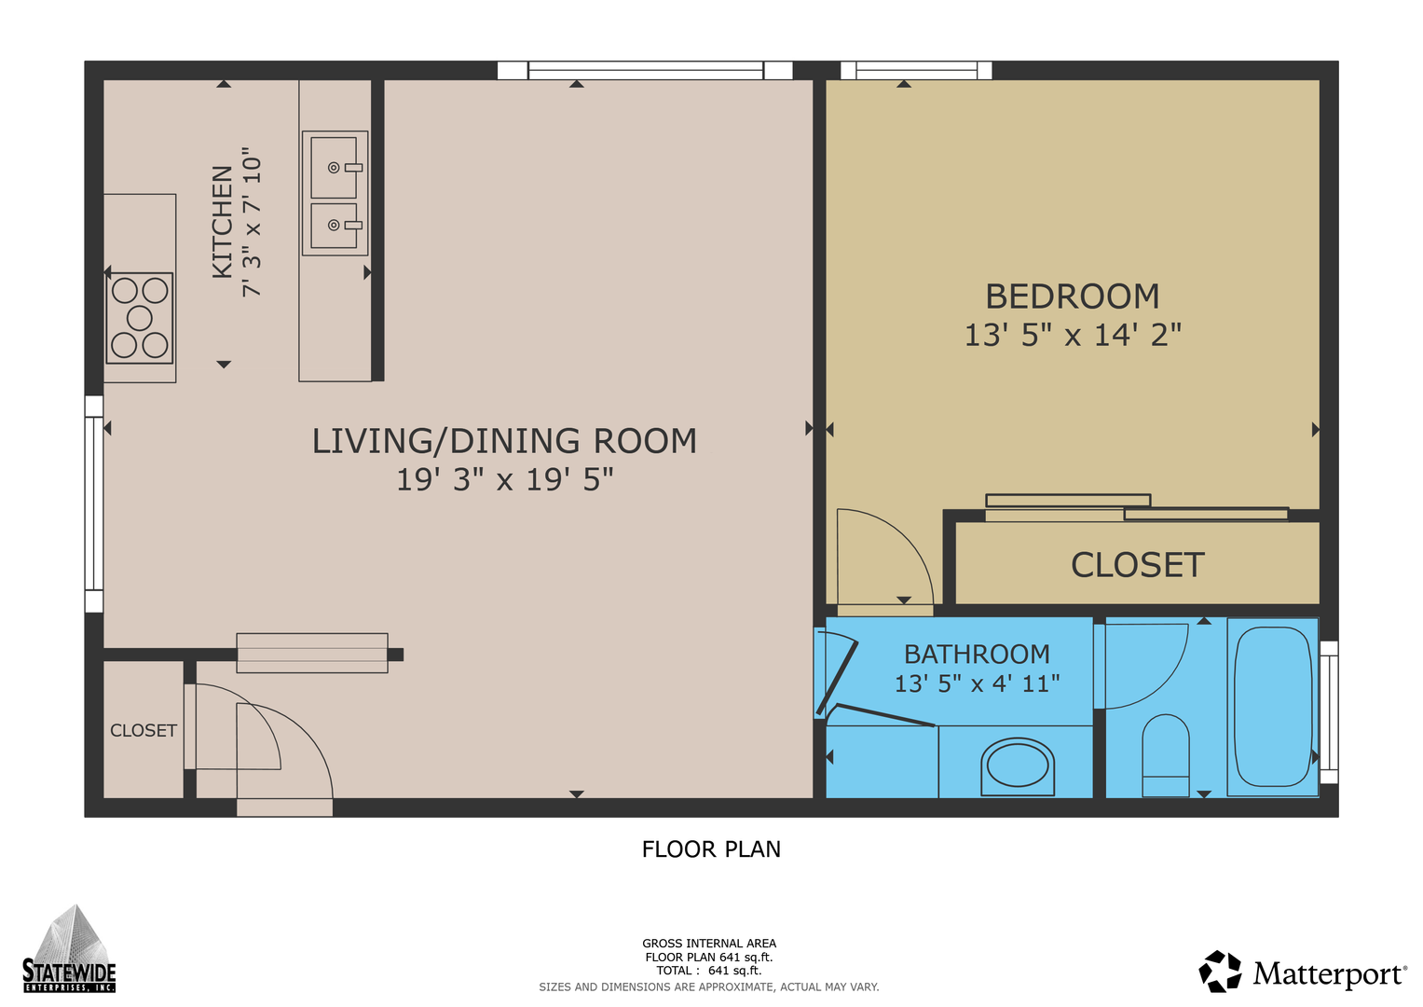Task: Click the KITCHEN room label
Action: coord(222,222)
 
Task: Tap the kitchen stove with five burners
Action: coord(140,318)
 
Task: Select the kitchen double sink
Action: coord(335,193)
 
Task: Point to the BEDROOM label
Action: coord(1073,297)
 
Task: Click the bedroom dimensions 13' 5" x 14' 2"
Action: coord(1073,335)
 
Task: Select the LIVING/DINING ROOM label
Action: coord(504,441)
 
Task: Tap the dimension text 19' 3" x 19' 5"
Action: coord(504,479)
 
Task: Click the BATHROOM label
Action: coord(977,654)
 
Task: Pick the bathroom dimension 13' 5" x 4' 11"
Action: coord(977,683)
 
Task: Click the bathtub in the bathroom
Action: coord(1273,707)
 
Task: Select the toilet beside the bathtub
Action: coord(1166,755)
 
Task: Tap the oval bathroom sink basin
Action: coord(1018,766)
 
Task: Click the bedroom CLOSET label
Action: coord(1137,564)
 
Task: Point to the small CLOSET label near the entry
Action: coord(144,730)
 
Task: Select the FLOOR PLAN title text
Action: coord(711,849)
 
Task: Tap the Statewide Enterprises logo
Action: coord(69,949)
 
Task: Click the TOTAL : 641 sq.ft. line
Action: coord(709,971)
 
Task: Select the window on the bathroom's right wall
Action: coord(1329,712)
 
